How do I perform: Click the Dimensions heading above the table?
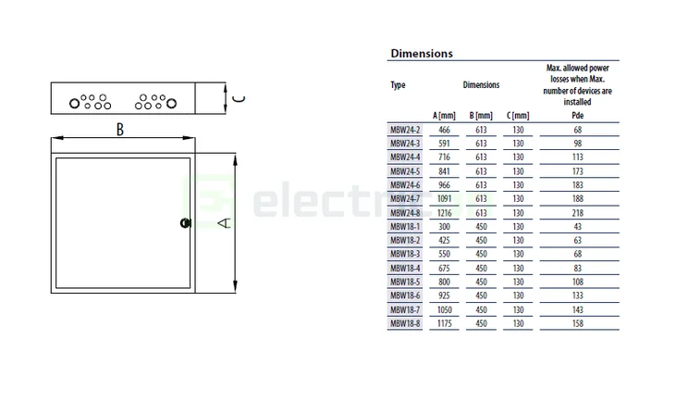click(x=422, y=54)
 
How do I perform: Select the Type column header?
click(x=398, y=85)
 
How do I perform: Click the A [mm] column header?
click(x=445, y=115)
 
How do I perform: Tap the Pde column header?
click(x=578, y=115)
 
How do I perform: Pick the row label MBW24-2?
click(x=405, y=131)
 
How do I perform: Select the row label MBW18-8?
click(x=405, y=323)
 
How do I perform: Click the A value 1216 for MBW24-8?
click(x=445, y=213)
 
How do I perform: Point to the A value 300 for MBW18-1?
click(x=445, y=227)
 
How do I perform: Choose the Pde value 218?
click(x=578, y=213)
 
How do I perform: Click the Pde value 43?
click(x=578, y=227)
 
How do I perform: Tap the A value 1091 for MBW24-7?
click(x=445, y=199)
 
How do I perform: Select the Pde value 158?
click(x=578, y=323)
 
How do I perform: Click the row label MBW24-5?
click(x=405, y=171)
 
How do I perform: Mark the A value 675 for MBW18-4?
click(x=445, y=268)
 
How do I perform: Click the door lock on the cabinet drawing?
click(x=184, y=222)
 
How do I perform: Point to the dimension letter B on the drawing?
click(x=119, y=130)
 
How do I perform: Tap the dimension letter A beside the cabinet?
click(x=223, y=222)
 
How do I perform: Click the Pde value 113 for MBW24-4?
click(x=578, y=157)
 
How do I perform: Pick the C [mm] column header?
click(x=518, y=115)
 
